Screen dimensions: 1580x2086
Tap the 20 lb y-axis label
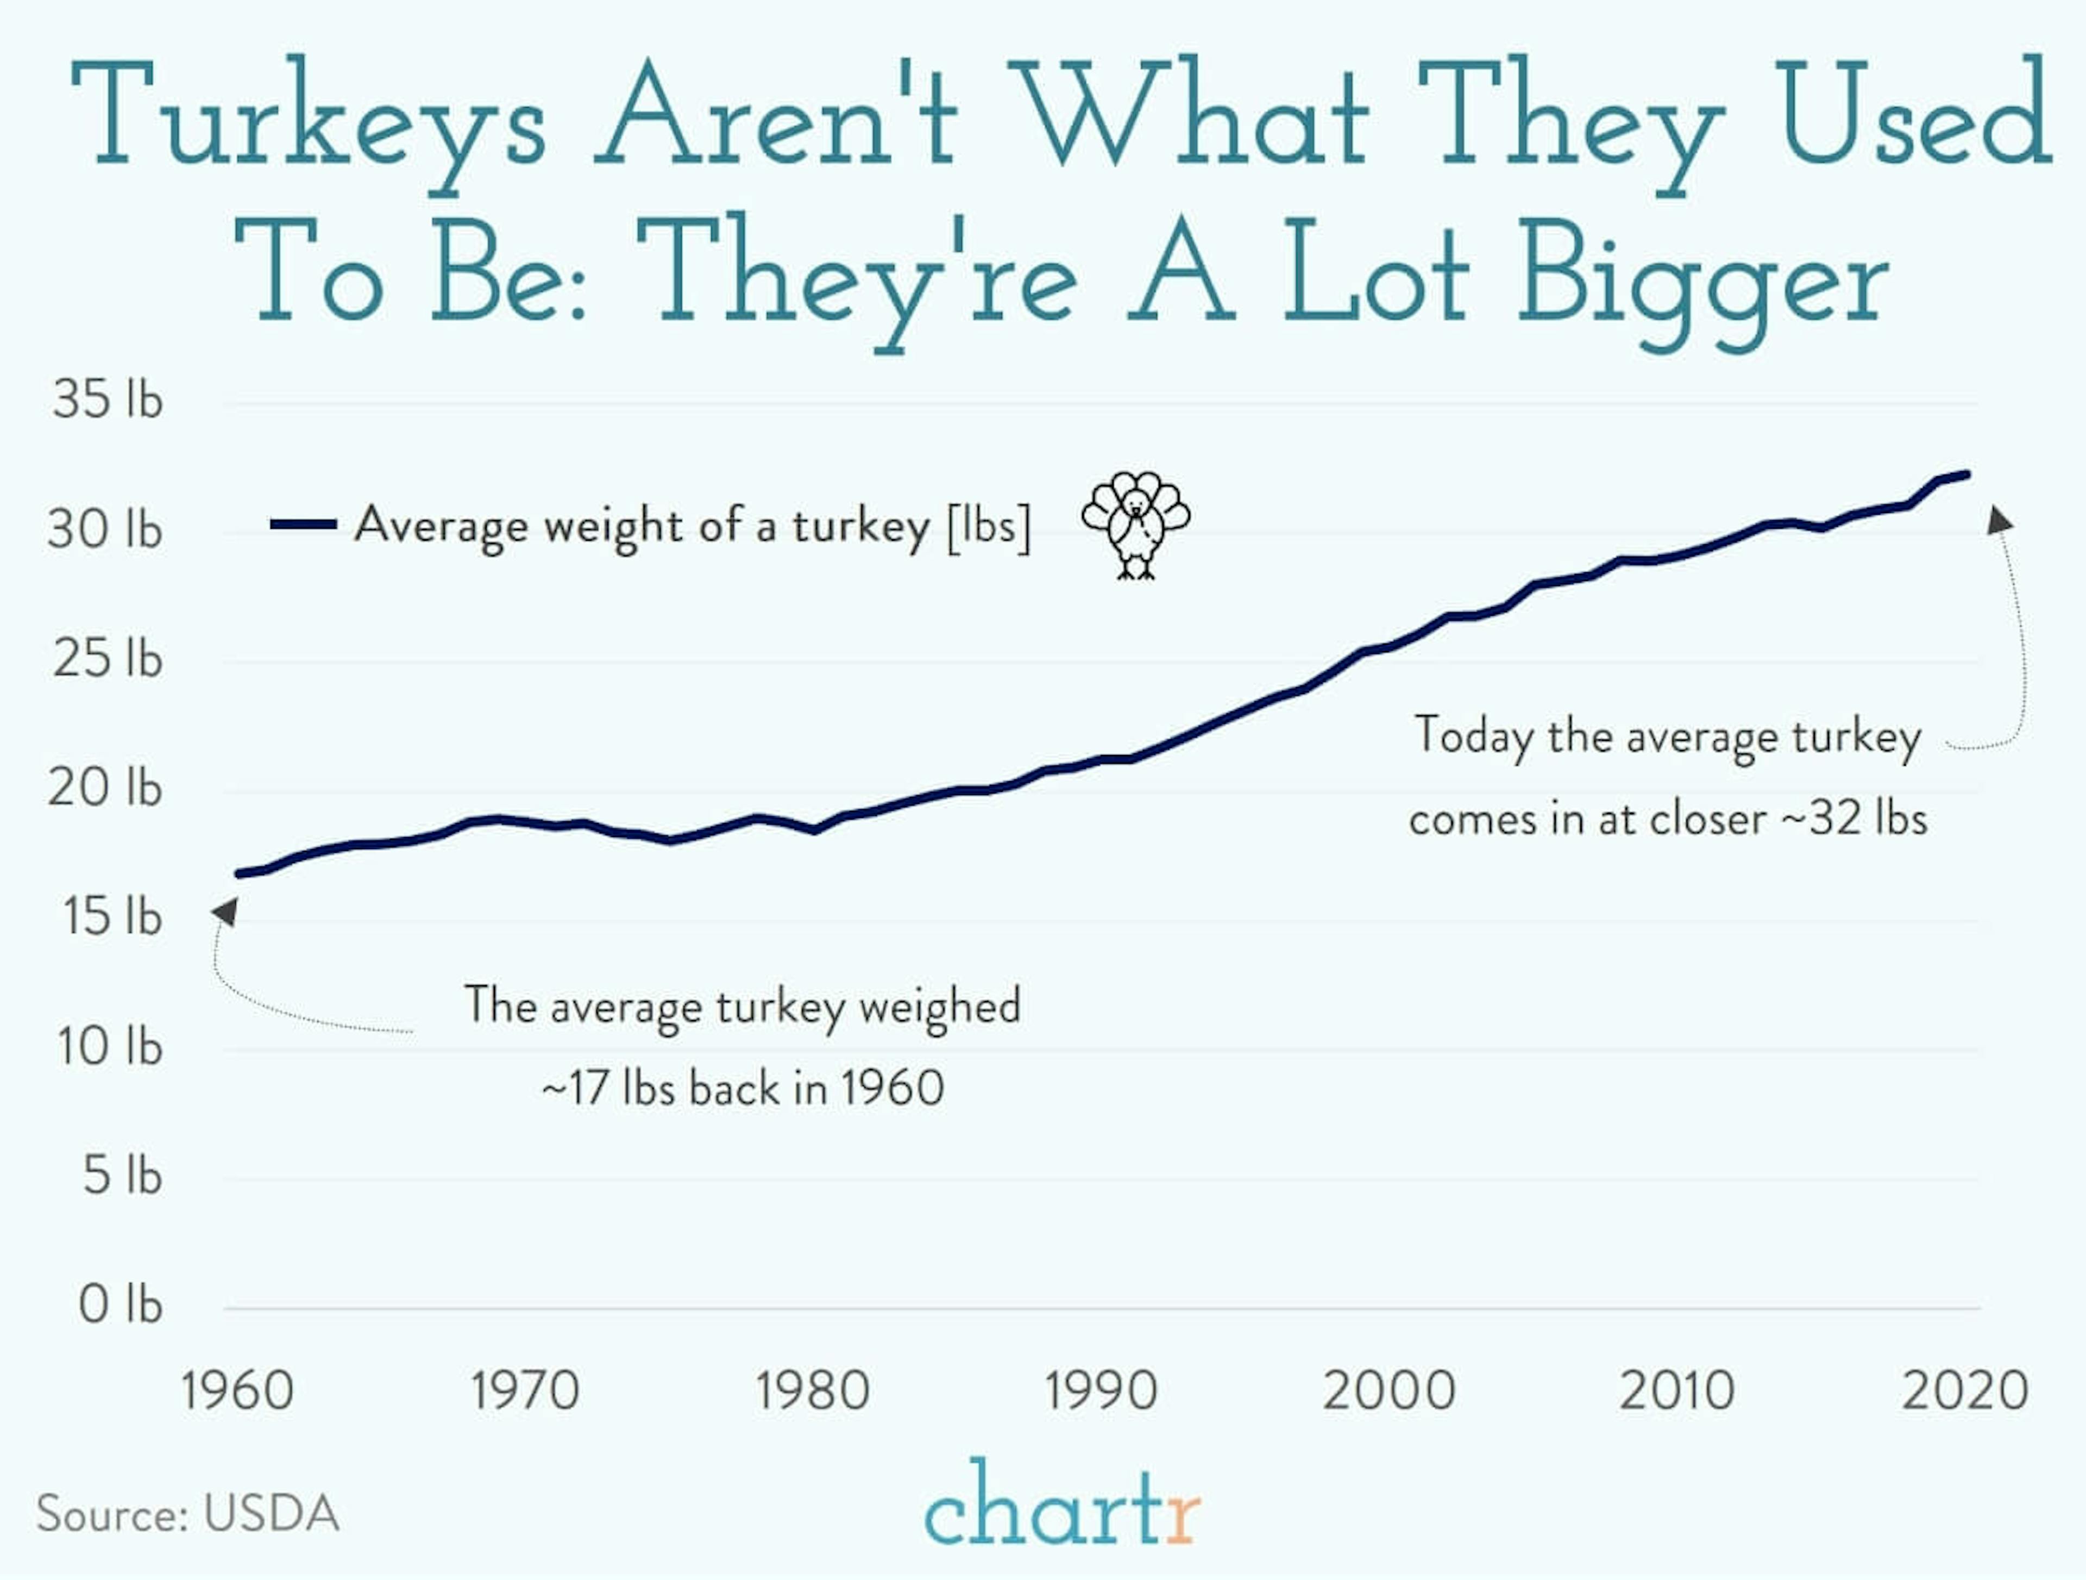pyautogui.click(x=105, y=788)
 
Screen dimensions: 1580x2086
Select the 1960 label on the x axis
pyautogui.click(x=237, y=1391)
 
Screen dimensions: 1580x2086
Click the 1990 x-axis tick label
pyautogui.click(x=1101, y=1391)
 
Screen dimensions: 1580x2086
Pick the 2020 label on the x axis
pyautogui.click(x=1964, y=1391)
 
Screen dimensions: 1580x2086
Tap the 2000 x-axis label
pyautogui.click(x=1389, y=1391)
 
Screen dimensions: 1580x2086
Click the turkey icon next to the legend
pyautogui.click(x=1135, y=524)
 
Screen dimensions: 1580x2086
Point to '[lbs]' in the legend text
pyautogui.click(x=988, y=526)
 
